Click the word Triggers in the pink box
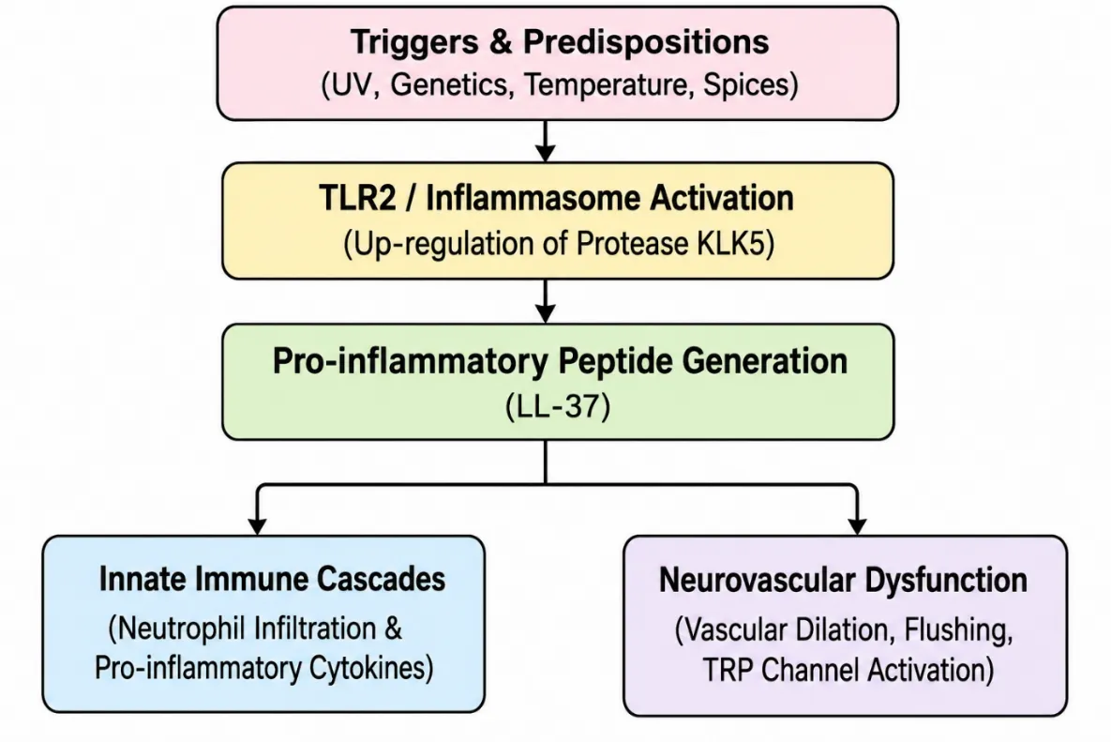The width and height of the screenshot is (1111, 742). click(413, 43)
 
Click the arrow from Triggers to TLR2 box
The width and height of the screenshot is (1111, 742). click(545, 141)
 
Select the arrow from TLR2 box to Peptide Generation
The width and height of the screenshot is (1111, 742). click(545, 301)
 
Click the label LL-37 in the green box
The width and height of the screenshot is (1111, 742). click(559, 407)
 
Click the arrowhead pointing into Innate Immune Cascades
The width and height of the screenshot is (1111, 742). click(257, 525)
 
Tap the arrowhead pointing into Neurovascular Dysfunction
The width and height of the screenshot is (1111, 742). click(857, 525)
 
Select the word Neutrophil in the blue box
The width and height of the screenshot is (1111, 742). click(181, 629)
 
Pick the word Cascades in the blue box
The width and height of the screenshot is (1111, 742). click(382, 579)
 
